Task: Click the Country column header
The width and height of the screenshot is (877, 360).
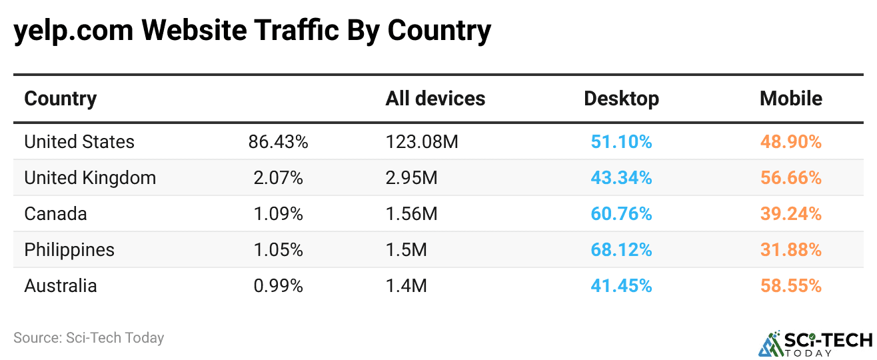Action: coord(61,99)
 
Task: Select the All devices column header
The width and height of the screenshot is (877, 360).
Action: coord(435,99)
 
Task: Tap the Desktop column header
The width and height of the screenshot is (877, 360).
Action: coord(621,99)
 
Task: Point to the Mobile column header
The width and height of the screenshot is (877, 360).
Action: coord(790,99)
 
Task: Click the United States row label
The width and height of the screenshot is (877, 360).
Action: coord(79,142)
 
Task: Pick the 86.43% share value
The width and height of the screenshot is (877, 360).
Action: coord(278,142)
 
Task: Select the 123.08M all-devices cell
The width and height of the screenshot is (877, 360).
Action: coord(422,142)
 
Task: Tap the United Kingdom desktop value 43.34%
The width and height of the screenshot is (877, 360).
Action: coord(621,178)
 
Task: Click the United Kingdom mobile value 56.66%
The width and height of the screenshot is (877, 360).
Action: coord(790,178)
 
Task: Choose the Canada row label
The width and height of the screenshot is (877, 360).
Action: coord(55,214)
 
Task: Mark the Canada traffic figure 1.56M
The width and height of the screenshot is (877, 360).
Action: coord(411,214)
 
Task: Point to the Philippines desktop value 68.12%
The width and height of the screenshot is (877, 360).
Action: coord(621,250)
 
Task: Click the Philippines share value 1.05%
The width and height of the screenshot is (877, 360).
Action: coord(278,250)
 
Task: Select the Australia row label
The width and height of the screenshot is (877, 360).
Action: coord(61,286)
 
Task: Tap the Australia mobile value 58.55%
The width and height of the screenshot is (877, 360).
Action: coord(790,286)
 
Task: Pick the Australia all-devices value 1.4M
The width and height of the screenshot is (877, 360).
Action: coord(406,286)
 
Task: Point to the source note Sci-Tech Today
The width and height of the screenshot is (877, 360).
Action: coord(89,338)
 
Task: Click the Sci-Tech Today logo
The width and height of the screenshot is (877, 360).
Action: coord(815,342)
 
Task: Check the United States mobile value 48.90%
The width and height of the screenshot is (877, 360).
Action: coord(790,142)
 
